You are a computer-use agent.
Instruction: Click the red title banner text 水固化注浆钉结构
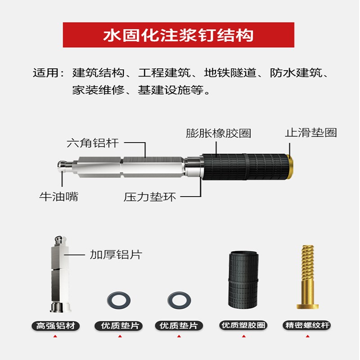(179, 35)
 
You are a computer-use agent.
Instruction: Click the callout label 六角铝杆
(93, 143)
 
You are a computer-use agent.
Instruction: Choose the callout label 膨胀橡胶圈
(218, 133)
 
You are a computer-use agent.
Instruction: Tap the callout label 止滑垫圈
(310, 133)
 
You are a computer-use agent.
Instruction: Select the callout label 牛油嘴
(58, 197)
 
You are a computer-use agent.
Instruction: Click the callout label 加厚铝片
(116, 254)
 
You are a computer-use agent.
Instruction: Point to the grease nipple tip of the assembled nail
(63, 166)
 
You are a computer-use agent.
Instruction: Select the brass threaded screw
(308, 276)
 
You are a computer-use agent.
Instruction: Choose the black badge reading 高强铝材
(56, 325)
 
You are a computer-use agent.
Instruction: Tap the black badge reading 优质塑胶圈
(243, 325)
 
